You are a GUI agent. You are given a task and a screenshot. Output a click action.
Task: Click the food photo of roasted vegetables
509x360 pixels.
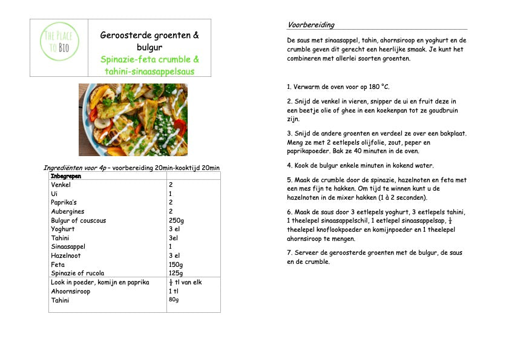[133, 120]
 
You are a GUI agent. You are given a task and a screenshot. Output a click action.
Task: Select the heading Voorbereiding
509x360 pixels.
[310, 25]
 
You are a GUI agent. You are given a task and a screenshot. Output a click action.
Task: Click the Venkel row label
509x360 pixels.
[61, 185]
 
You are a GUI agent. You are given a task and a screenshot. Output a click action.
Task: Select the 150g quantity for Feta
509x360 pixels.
[175, 265]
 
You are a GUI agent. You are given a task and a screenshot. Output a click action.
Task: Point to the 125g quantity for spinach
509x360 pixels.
[175, 273]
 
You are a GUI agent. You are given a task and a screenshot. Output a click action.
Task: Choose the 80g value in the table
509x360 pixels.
[174, 300]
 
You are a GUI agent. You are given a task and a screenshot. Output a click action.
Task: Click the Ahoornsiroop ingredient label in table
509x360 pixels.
[70, 291]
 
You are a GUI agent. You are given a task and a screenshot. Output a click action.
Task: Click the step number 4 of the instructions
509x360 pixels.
[289, 165]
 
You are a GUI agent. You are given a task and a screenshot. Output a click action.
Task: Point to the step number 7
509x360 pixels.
[289, 252]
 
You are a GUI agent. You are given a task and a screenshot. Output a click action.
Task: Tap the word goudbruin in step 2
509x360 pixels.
[444, 111]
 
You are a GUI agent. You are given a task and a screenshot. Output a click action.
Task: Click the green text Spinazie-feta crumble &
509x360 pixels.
[150, 60]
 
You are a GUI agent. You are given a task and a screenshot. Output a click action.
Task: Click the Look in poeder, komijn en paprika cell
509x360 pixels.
[100, 283]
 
